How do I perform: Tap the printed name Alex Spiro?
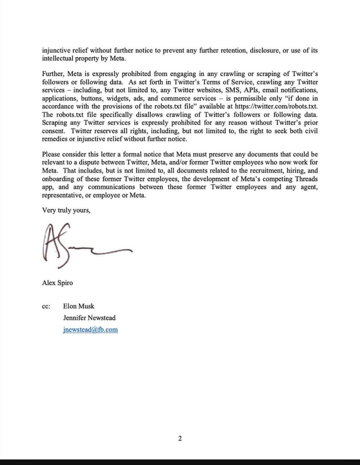point(57,282)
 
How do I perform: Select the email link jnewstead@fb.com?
point(90,329)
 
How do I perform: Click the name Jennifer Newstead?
point(89,318)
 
